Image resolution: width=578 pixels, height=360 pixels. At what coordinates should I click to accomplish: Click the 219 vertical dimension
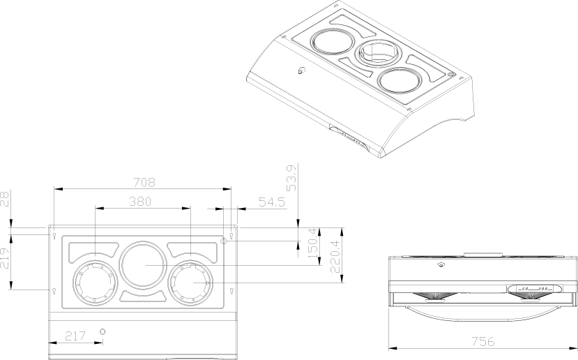(x=6, y=269)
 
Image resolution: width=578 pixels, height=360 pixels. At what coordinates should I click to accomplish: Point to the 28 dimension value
(x=6, y=200)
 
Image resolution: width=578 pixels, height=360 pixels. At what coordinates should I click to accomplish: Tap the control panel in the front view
(x=534, y=287)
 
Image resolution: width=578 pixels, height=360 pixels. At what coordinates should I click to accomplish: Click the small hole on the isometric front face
(x=301, y=70)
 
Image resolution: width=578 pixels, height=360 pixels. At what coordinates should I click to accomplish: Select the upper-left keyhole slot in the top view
(x=54, y=236)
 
